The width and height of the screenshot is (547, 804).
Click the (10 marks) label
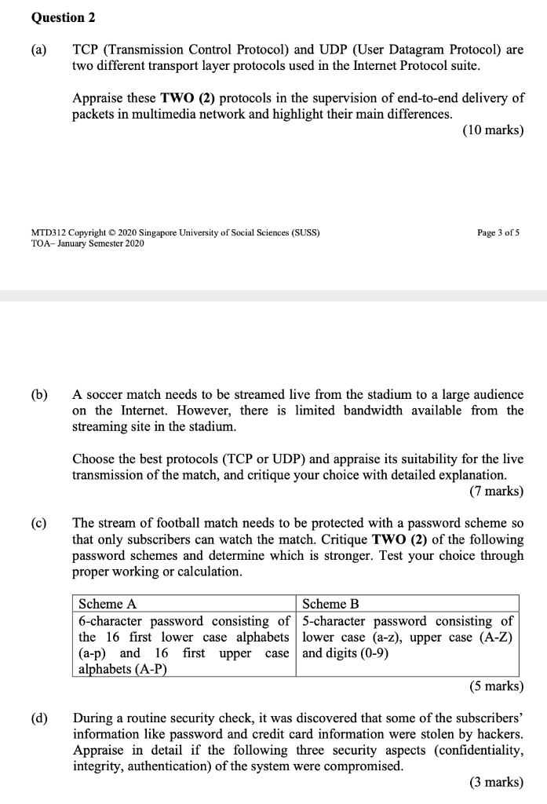pos(493,130)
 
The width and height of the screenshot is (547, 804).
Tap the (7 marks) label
pos(495,492)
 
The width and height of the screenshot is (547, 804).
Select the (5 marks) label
pos(495,685)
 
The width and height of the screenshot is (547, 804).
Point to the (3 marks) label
pos(495,782)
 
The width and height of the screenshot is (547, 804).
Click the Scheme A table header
pos(108,604)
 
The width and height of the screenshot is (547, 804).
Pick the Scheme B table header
pos(330,604)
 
